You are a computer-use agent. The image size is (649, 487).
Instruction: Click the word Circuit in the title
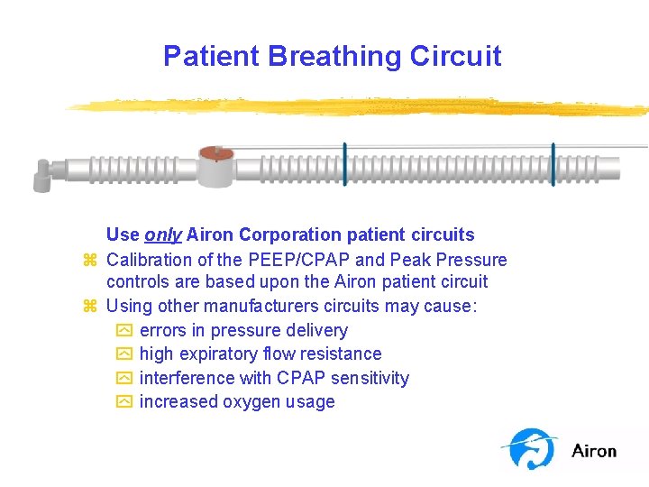[455, 56]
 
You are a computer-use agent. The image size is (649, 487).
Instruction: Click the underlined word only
[163, 235]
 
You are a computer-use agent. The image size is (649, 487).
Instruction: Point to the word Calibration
[151, 260]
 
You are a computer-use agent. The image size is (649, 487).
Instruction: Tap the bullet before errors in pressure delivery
[124, 331]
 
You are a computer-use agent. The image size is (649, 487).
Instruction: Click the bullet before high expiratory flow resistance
[124, 354]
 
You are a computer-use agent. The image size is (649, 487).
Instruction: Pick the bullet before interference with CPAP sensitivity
[124, 379]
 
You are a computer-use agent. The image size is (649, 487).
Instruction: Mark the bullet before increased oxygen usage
[124, 402]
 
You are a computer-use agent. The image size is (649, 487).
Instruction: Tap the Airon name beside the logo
[594, 451]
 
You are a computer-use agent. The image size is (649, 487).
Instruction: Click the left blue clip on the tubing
[344, 163]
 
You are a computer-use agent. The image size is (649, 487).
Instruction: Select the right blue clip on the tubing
[553, 163]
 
